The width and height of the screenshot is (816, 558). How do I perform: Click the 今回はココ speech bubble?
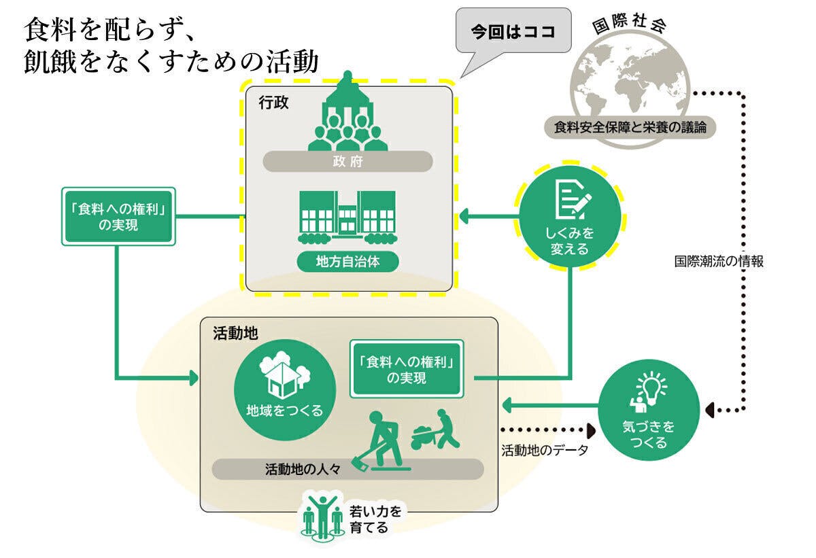(513, 31)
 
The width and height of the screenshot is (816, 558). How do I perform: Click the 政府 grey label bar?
(347, 161)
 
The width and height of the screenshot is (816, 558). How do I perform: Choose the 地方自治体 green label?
(347, 261)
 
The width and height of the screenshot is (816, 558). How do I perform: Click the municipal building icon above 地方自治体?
(347, 216)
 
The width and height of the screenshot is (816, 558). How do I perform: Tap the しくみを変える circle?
(569, 217)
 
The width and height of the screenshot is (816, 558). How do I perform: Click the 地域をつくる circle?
(284, 385)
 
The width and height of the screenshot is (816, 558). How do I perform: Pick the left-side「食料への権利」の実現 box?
(118, 216)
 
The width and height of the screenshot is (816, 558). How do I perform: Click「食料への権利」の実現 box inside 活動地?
(407, 368)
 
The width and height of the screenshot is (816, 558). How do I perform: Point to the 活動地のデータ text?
(544, 450)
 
